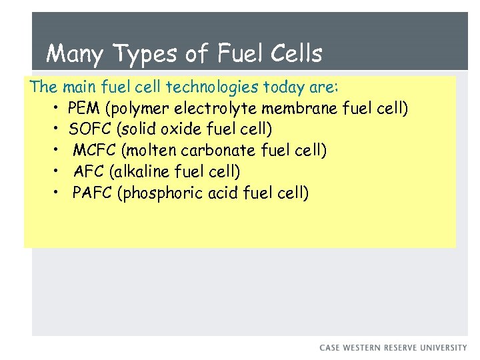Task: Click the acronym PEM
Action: click(x=82, y=108)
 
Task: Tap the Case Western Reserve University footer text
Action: click(x=393, y=348)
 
